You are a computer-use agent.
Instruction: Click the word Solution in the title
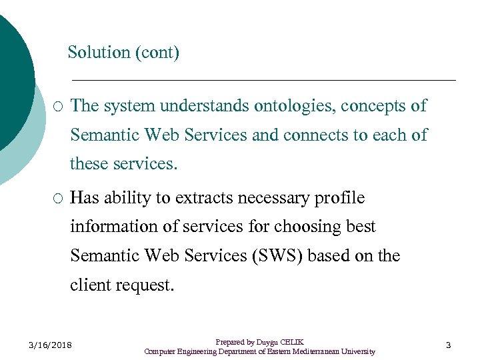[x=99, y=52]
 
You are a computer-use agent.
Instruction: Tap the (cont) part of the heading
[x=157, y=53]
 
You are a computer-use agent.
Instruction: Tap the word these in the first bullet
[x=89, y=163]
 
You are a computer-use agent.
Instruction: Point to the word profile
[x=342, y=198]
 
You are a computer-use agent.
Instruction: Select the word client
[x=91, y=285]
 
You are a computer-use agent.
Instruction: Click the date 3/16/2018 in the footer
[x=51, y=345]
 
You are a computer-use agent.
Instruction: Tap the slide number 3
[x=448, y=345]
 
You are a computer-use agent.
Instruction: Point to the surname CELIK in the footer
[x=291, y=341]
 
